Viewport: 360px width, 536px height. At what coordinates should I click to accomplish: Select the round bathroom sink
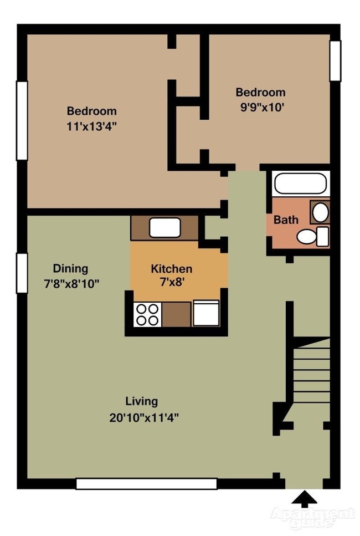(x=320, y=211)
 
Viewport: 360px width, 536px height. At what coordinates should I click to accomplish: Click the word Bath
(x=286, y=220)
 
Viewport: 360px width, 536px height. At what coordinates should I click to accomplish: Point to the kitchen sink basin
(x=165, y=227)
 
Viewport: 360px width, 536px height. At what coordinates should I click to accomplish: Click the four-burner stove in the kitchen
(x=147, y=314)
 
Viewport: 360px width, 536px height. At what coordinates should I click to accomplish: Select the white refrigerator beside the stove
(x=206, y=313)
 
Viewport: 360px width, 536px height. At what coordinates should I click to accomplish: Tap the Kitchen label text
(x=172, y=269)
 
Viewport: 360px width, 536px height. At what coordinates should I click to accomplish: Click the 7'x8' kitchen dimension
(x=171, y=282)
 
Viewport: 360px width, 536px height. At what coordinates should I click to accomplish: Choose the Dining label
(x=70, y=269)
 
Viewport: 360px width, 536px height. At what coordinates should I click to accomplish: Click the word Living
(x=141, y=401)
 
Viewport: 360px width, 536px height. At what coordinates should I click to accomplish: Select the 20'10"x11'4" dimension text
(x=143, y=416)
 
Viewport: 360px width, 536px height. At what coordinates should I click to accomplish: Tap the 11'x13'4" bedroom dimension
(x=92, y=125)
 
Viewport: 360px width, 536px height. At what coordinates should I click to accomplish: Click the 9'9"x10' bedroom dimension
(x=260, y=108)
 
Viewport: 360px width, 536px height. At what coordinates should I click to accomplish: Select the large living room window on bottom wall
(x=146, y=484)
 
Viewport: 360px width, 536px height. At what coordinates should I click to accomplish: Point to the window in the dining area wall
(x=21, y=273)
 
